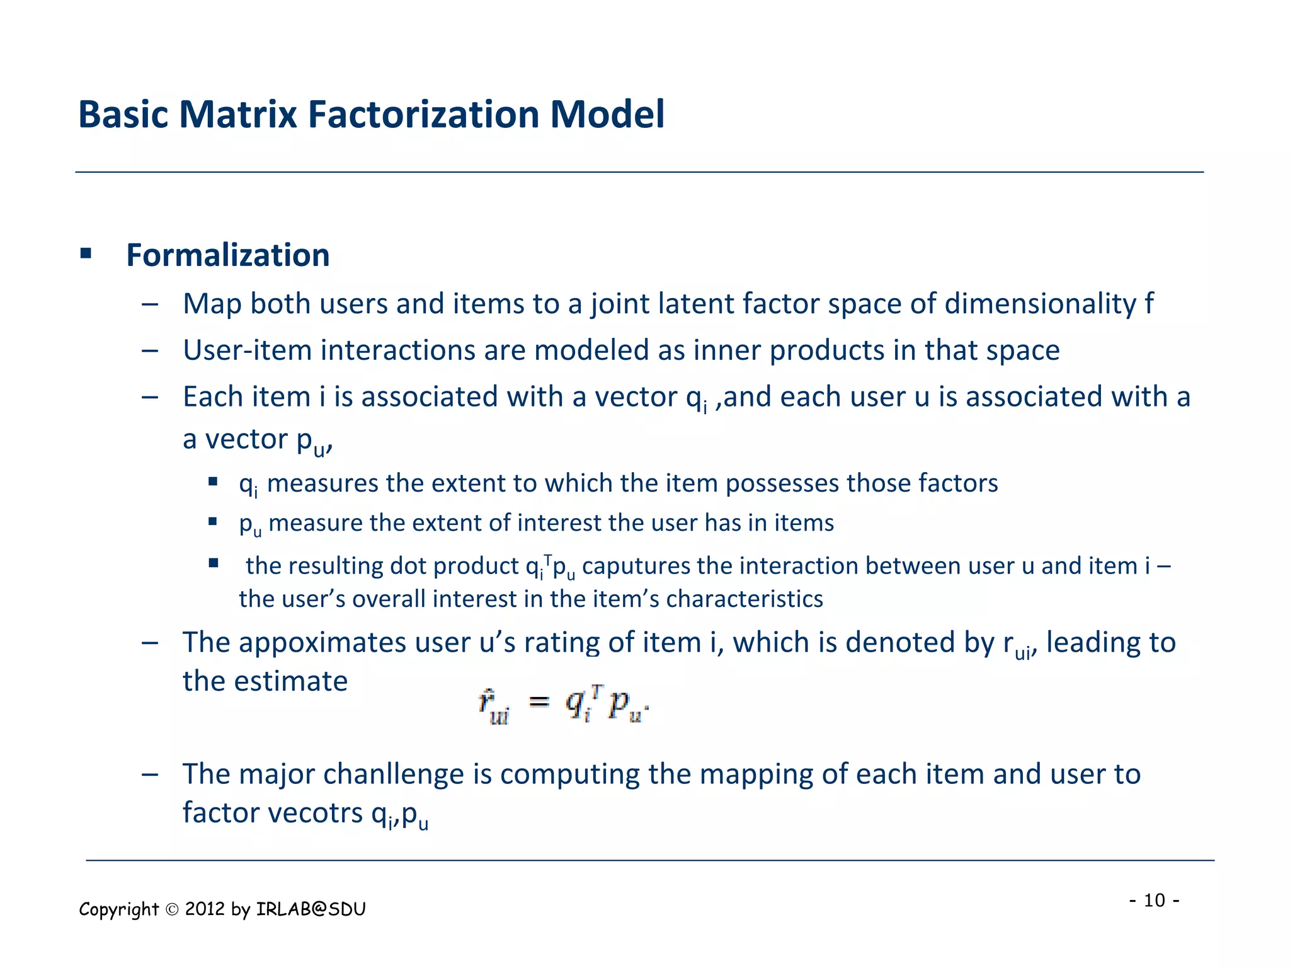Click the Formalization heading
point(227,255)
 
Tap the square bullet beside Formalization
point(86,254)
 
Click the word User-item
point(247,350)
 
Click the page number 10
point(1154,900)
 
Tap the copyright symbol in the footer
point(172,909)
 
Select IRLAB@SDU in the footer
point(311,909)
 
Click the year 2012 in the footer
point(205,909)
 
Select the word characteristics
point(744,599)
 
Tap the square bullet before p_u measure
point(213,522)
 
